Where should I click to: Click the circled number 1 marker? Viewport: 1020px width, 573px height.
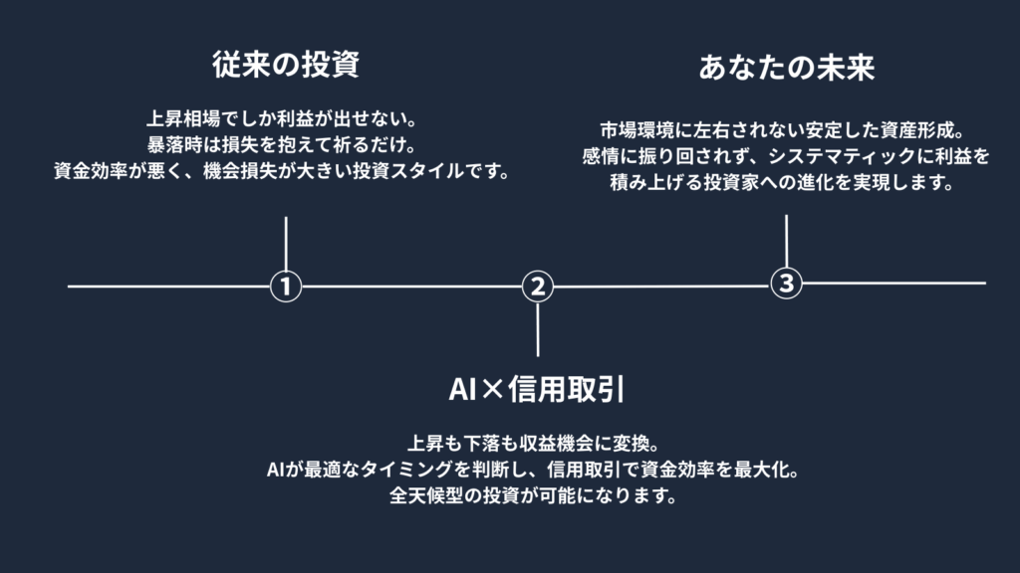286,286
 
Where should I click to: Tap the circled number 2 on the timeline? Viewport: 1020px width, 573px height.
538,286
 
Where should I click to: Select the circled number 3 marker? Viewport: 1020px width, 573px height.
787,283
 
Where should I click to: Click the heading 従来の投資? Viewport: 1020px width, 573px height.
286,66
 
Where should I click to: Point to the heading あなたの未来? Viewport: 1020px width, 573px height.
787,69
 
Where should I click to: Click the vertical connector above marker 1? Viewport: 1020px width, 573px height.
286,243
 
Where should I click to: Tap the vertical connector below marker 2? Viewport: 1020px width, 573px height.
538,328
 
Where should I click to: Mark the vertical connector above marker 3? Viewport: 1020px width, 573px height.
787,240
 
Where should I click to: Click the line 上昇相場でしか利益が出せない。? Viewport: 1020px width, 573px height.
286,113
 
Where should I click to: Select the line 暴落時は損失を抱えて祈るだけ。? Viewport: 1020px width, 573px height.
286,142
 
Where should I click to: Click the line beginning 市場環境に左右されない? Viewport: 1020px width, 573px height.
787,130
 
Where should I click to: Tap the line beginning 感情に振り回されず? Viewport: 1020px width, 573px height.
787,157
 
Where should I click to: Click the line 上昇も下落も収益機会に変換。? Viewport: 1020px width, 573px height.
537,441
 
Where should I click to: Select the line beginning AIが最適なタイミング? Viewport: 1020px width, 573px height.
537,469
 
